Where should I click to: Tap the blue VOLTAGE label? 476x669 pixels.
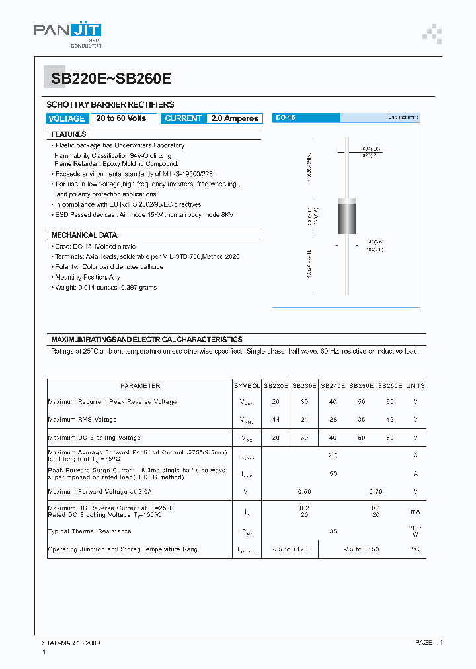click(67, 118)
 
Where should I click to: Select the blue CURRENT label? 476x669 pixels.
click(183, 118)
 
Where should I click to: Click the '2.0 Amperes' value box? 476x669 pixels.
click(235, 118)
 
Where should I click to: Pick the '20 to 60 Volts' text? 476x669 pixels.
click(121, 118)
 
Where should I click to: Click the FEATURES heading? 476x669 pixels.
click(69, 134)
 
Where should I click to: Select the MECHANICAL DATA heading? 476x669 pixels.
click(84, 235)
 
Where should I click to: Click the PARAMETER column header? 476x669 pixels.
click(139, 385)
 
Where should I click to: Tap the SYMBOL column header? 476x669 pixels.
click(247, 385)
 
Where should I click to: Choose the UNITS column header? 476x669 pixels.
click(415, 385)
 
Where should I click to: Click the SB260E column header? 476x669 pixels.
click(390, 385)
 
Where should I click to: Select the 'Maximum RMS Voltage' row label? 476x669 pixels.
click(83, 420)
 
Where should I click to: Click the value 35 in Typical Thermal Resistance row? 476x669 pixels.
click(333, 531)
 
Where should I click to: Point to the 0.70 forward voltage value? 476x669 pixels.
click(375, 491)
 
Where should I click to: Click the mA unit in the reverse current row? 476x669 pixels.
click(415, 511)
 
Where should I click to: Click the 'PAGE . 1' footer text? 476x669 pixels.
click(428, 642)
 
